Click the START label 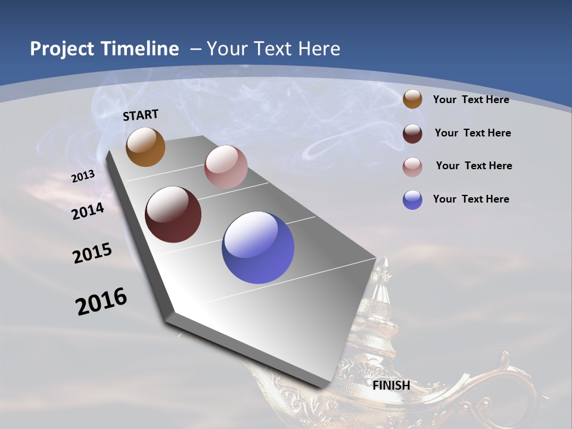141,115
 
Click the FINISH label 391,386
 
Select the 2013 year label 83,176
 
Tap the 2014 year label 88,212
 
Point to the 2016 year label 101,301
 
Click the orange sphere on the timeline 145,147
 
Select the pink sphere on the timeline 226,167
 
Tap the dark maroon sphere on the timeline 173,214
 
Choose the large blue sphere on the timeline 258,247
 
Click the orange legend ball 412,99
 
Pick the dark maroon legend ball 412,133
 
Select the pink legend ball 412,166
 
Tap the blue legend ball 412,200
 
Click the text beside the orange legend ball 471,100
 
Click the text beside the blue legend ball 471,199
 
